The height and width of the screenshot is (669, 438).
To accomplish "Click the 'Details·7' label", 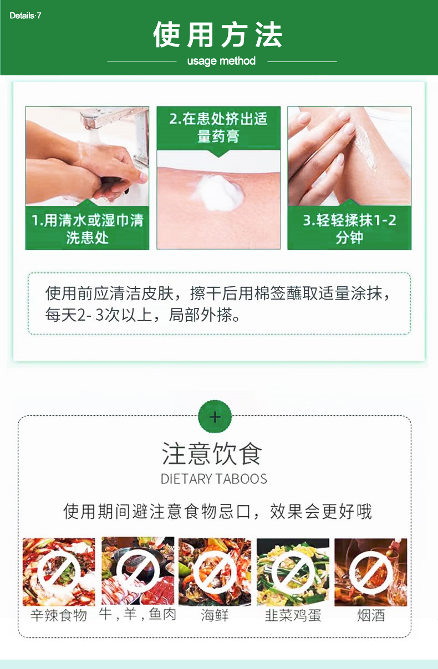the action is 26,16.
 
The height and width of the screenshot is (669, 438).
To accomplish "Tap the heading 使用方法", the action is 218,35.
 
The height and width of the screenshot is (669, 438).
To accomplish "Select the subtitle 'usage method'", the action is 221,61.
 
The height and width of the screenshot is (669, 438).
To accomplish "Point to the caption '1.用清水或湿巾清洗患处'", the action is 87,229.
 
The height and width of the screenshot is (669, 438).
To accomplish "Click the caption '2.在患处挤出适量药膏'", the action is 218,127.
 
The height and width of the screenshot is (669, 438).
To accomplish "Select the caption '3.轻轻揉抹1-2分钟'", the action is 349,229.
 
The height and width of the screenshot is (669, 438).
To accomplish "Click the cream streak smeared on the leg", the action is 364,146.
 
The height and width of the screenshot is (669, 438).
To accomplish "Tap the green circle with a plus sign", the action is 215,416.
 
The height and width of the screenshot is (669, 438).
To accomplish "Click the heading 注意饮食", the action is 212,454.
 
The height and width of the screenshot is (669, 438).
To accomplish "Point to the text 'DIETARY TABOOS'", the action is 214,478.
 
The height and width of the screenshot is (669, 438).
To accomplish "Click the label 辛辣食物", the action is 59,615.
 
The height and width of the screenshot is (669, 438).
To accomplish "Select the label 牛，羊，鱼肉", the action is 137,614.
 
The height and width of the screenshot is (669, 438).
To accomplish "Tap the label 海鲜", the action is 215,615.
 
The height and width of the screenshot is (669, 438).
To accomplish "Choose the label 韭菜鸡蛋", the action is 293,615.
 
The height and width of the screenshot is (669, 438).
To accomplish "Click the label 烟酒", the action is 371,615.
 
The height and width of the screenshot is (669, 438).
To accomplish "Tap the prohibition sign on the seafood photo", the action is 215,572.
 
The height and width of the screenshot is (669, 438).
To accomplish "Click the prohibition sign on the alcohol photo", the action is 371,572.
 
